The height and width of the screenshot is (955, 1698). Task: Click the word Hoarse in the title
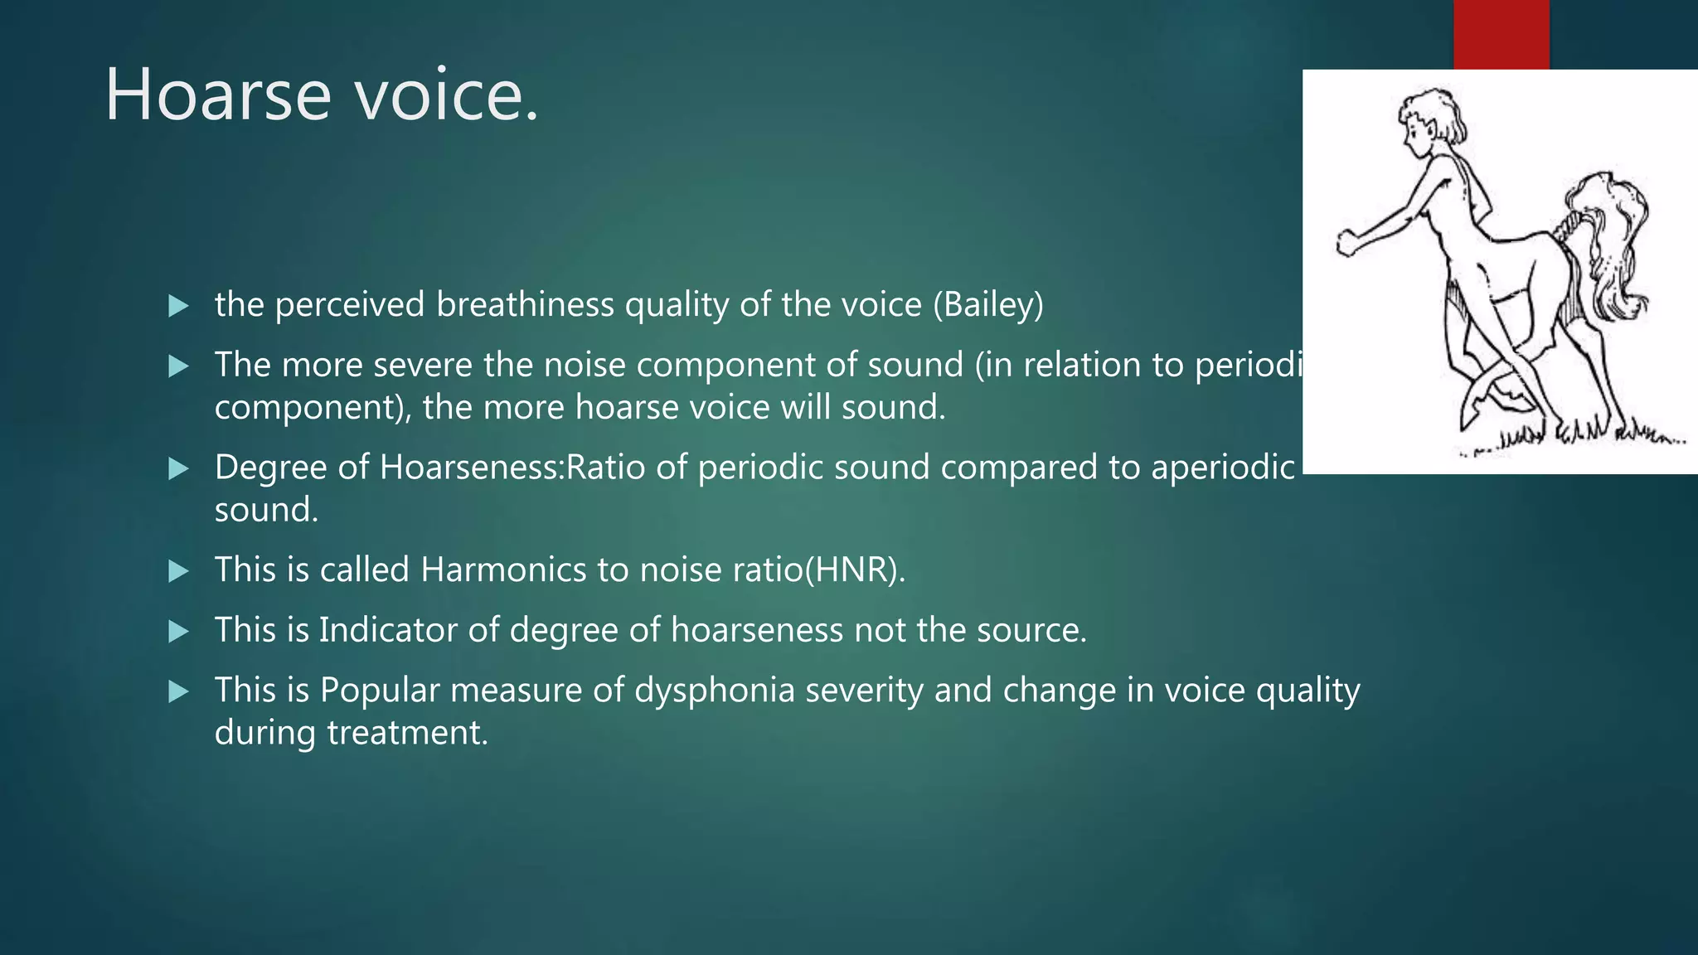click(x=218, y=95)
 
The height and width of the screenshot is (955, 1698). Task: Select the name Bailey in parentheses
click(x=988, y=305)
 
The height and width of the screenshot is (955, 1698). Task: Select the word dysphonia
click(x=715, y=691)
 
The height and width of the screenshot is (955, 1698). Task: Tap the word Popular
click(x=380, y=691)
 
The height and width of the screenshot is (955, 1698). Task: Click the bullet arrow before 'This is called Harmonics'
click(x=178, y=571)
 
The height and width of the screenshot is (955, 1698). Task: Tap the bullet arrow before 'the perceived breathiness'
click(x=178, y=306)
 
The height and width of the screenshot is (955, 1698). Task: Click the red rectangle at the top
click(x=1501, y=34)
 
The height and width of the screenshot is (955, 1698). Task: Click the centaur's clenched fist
click(x=1348, y=244)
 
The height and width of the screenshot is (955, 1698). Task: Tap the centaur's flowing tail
click(x=1613, y=249)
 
